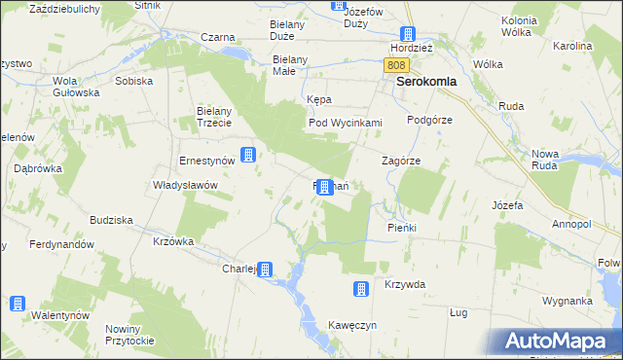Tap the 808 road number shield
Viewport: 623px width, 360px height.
[394, 65]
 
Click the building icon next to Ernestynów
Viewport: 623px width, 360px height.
[249, 155]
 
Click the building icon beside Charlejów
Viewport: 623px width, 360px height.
[264, 270]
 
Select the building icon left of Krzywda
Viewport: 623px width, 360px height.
[360, 288]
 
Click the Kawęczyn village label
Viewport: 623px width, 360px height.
[352, 325]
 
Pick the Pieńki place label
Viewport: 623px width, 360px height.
[401, 228]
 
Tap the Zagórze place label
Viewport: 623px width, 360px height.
[400, 162]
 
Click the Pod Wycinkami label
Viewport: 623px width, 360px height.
[345, 124]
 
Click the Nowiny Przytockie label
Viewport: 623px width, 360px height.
[129, 334]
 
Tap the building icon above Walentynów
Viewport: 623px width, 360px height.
[18, 303]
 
